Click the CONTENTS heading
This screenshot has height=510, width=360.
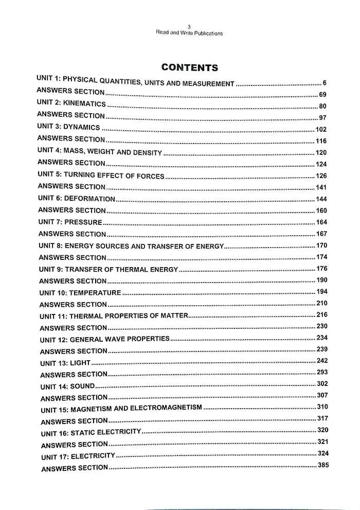click(x=189, y=67)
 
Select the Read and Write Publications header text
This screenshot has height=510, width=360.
click(x=189, y=33)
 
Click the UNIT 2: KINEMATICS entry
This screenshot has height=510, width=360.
click(x=71, y=104)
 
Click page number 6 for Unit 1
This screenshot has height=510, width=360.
click(x=325, y=82)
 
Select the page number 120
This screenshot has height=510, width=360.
click(x=321, y=152)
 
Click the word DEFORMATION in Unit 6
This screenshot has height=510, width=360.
click(x=89, y=199)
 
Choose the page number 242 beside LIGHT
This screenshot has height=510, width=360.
click(x=322, y=361)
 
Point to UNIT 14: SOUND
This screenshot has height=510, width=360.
click(x=67, y=386)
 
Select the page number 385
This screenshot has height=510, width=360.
click(x=323, y=465)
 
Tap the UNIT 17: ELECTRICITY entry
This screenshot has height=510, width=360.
click(x=78, y=456)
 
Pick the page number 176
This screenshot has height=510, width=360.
click(x=321, y=269)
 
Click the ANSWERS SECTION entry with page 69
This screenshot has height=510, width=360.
click(x=70, y=92)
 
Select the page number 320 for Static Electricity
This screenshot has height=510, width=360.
click(x=322, y=430)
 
